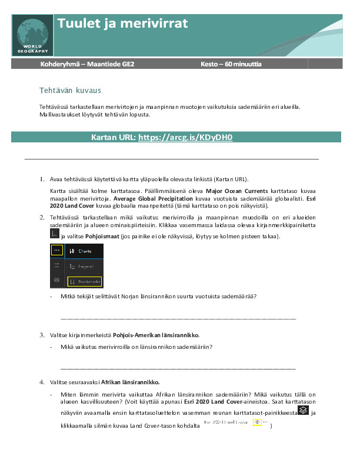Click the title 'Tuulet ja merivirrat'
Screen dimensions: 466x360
point(123,24)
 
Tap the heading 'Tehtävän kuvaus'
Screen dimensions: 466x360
point(70,91)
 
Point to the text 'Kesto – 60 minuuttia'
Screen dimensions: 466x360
point(231,64)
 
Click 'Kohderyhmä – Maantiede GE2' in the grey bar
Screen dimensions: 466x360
point(87,64)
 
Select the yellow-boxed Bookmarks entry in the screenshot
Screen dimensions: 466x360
point(85,282)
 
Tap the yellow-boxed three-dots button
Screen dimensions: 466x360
point(56,250)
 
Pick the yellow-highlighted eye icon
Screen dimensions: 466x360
point(257,422)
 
